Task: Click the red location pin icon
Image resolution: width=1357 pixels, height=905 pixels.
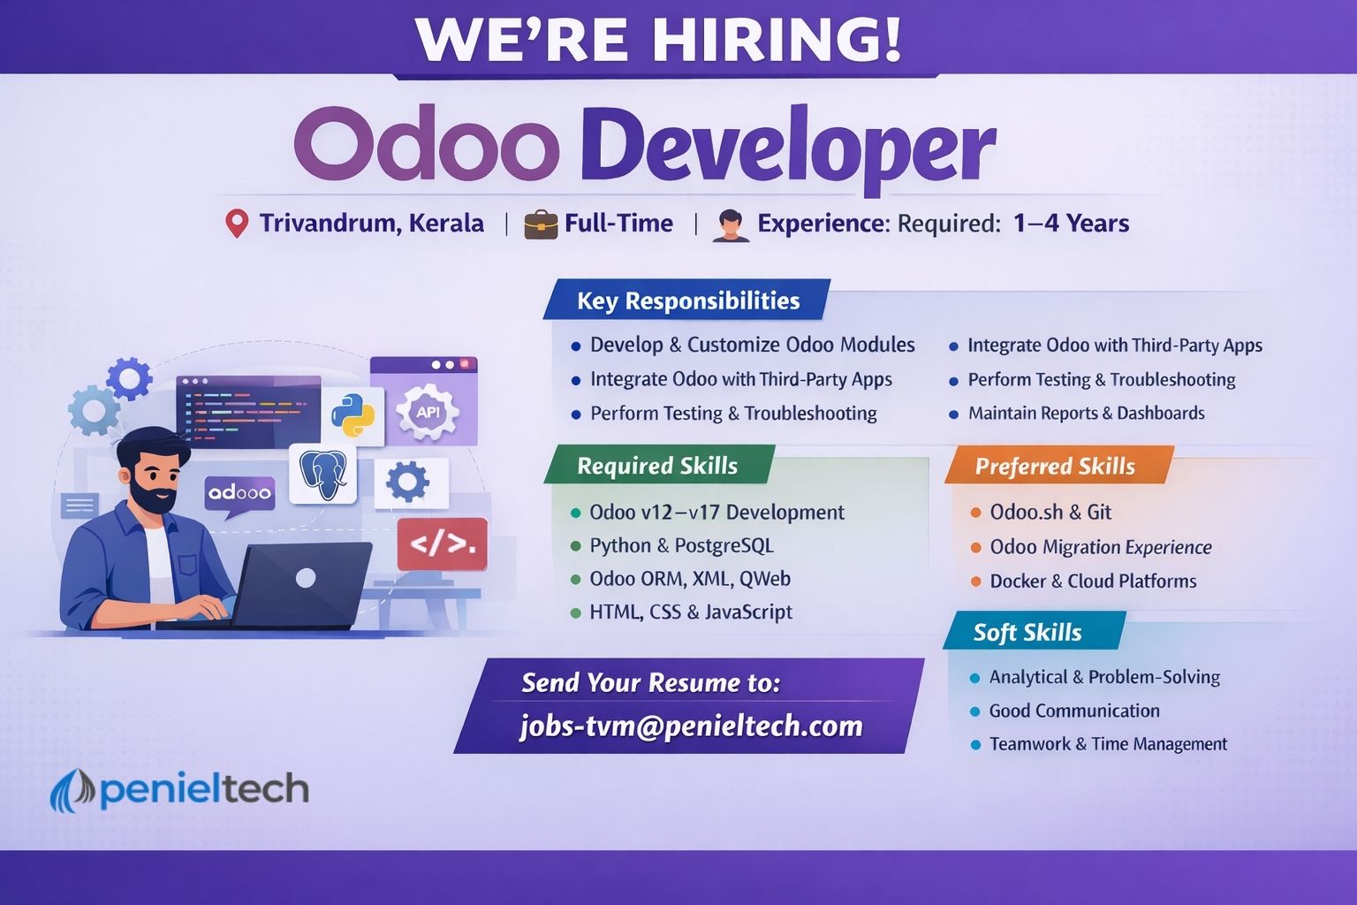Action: coord(236,224)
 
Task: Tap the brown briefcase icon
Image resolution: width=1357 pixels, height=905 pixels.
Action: coord(541,224)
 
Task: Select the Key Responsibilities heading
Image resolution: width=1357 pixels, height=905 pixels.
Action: coord(688,300)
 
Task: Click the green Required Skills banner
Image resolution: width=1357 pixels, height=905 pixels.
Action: coord(659,465)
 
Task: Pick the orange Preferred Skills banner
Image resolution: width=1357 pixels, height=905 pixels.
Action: coord(1059,466)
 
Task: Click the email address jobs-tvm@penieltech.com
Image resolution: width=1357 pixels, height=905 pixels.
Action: coord(691,726)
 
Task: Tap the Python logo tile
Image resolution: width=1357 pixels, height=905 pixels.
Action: coord(353,416)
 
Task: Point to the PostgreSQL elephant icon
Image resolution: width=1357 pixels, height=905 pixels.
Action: coord(322,474)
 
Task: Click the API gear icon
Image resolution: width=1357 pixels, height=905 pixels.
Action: coord(428,412)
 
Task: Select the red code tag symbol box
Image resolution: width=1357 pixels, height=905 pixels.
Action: coord(443,544)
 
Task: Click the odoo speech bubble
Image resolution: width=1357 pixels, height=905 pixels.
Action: coord(239,495)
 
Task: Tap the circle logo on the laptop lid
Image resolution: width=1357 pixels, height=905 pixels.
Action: coord(306,578)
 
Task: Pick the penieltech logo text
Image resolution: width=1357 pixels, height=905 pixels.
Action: coord(204,789)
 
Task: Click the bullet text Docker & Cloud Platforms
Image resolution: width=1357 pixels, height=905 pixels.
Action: coord(1093,581)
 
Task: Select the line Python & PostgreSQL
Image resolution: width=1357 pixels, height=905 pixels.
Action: coord(681,545)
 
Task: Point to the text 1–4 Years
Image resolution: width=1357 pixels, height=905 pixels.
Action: coord(1071,223)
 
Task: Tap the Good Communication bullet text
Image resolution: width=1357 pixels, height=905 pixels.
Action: coord(1074,711)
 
